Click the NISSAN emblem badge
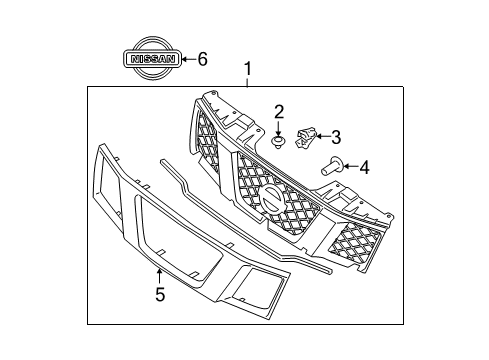(150, 59)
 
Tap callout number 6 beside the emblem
(202, 59)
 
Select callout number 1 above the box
(247, 71)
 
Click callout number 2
(280, 111)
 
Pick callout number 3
(335, 136)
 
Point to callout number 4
(364, 167)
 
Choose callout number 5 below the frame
(158, 293)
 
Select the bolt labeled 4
(331, 168)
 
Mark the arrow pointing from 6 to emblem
(187, 59)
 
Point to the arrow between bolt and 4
(350, 167)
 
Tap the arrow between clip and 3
(322, 136)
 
